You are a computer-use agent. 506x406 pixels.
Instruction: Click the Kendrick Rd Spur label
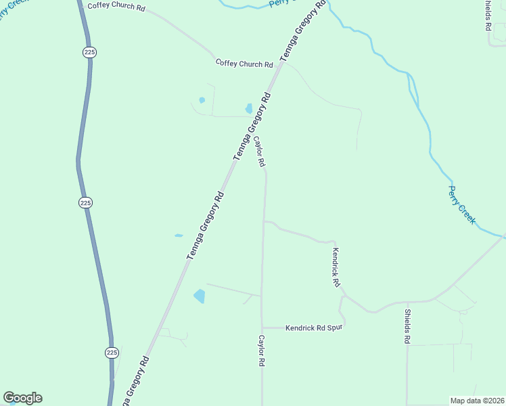point(314,328)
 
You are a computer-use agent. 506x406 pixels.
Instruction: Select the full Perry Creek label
point(463,205)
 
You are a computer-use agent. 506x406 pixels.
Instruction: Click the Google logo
point(22,398)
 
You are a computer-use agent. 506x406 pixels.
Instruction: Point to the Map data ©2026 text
point(478,401)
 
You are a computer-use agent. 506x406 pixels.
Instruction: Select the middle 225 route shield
point(85,202)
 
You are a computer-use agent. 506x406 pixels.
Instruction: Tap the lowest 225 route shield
point(112,353)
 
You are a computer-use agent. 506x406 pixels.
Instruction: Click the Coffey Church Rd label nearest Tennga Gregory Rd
point(244,64)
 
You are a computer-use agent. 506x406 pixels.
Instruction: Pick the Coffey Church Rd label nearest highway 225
point(116,7)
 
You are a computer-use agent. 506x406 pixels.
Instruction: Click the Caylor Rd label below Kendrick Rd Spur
point(260,351)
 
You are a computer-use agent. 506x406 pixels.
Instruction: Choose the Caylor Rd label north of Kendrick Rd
point(260,152)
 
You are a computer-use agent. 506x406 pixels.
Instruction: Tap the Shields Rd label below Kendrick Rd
point(407,326)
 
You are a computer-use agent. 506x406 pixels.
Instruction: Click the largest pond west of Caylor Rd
point(200,296)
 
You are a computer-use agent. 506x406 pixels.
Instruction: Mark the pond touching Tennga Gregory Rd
point(249,108)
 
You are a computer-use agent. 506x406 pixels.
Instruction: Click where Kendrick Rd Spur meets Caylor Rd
point(262,328)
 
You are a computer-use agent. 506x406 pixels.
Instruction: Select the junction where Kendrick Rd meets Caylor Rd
point(264,221)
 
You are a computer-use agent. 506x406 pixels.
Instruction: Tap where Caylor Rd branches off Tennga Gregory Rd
point(254,118)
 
